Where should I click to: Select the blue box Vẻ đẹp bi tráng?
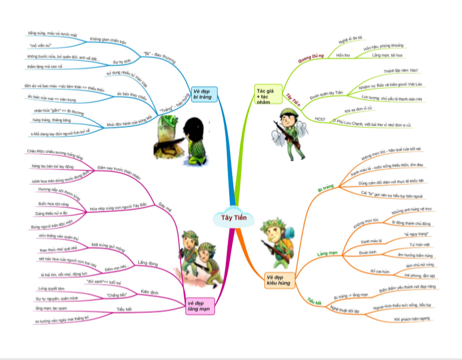coord(205,94)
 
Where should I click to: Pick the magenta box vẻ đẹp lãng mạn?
coord(201,306)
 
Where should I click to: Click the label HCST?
coord(320,119)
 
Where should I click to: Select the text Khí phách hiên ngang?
coord(412,318)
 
